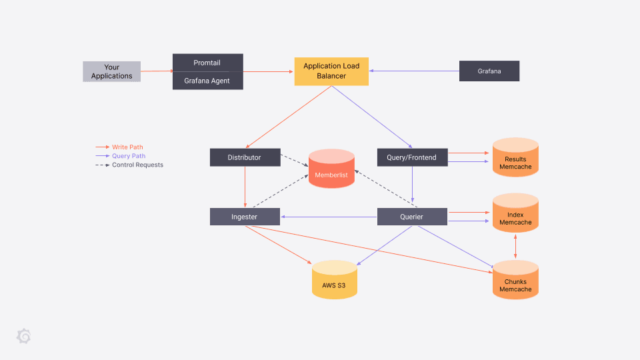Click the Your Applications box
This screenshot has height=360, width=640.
(x=111, y=71)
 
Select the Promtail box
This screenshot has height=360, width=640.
(x=207, y=63)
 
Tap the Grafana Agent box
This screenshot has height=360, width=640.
(x=207, y=81)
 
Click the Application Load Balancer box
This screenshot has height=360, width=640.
(x=331, y=71)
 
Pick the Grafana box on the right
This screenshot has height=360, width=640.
(x=489, y=71)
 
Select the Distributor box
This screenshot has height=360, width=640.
(x=244, y=157)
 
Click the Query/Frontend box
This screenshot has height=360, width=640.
(x=411, y=157)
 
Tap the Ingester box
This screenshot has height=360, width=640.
(x=244, y=217)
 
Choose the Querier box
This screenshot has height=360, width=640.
(x=411, y=217)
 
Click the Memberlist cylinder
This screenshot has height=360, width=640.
(x=331, y=170)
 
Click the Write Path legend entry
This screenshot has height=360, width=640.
(x=127, y=147)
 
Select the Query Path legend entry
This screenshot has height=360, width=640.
(x=128, y=156)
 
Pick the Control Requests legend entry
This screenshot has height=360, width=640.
(x=137, y=165)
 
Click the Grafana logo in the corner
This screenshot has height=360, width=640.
(x=23, y=337)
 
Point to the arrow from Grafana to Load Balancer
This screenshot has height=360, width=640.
(x=414, y=71)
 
